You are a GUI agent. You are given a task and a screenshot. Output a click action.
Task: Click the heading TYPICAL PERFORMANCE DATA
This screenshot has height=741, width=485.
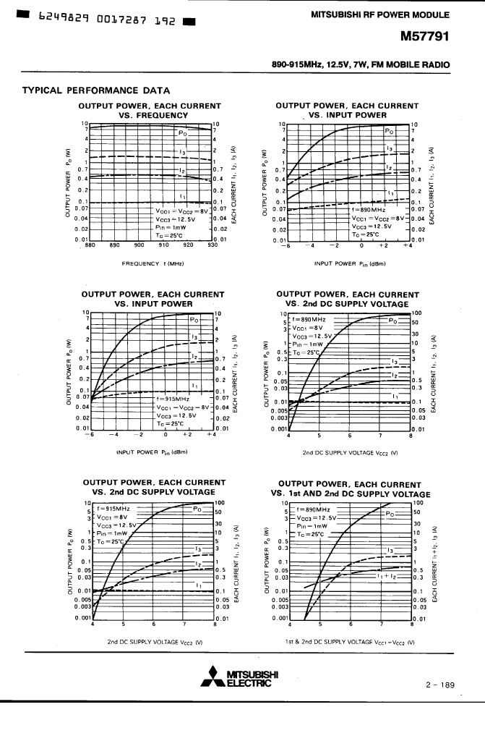point(96,90)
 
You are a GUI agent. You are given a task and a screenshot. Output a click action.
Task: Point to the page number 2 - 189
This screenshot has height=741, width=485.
point(440,684)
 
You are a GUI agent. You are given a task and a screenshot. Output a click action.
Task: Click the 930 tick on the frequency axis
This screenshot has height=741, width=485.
point(212,245)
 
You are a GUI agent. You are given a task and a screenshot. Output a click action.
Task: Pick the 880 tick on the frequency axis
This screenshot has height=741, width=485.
point(90,245)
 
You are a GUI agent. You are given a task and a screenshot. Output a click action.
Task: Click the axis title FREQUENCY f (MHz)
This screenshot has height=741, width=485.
point(152,264)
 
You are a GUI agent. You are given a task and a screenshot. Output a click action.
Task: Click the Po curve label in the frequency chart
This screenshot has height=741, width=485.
point(184,132)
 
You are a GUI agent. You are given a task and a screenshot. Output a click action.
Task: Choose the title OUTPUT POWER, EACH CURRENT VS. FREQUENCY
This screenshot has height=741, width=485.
point(153,110)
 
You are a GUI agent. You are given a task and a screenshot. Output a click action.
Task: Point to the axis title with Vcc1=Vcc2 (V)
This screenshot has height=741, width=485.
point(350,641)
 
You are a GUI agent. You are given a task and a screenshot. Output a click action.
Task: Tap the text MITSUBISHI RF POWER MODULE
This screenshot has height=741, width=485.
point(380,14)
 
